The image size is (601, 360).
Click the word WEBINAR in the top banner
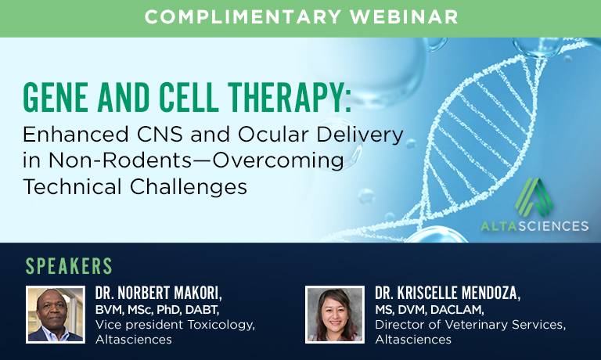pyautogui.click(x=404, y=17)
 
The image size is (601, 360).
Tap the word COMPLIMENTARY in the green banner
pyautogui.click(x=243, y=17)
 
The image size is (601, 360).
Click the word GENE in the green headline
pyautogui.click(x=56, y=97)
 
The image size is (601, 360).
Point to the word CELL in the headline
pyautogui.click(x=189, y=97)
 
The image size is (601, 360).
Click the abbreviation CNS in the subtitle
pyautogui.click(x=160, y=135)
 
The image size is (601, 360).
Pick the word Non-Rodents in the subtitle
pyautogui.click(x=120, y=160)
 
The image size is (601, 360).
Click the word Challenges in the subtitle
pyautogui.click(x=188, y=188)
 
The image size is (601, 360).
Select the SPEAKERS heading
pyautogui.click(x=69, y=266)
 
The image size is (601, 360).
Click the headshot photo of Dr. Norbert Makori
pyautogui.click(x=56, y=315)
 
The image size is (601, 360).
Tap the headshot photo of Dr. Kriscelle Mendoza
pyautogui.click(x=335, y=315)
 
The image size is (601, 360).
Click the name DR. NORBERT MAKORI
pyautogui.click(x=159, y=293)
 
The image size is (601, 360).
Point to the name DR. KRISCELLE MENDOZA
pyautogui.click(x=448, y=293)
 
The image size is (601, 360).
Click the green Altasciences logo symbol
pyautogui.click(x=534, y=197)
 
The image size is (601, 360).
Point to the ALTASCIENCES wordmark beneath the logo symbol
pyautogui.click(x=534, y=226)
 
